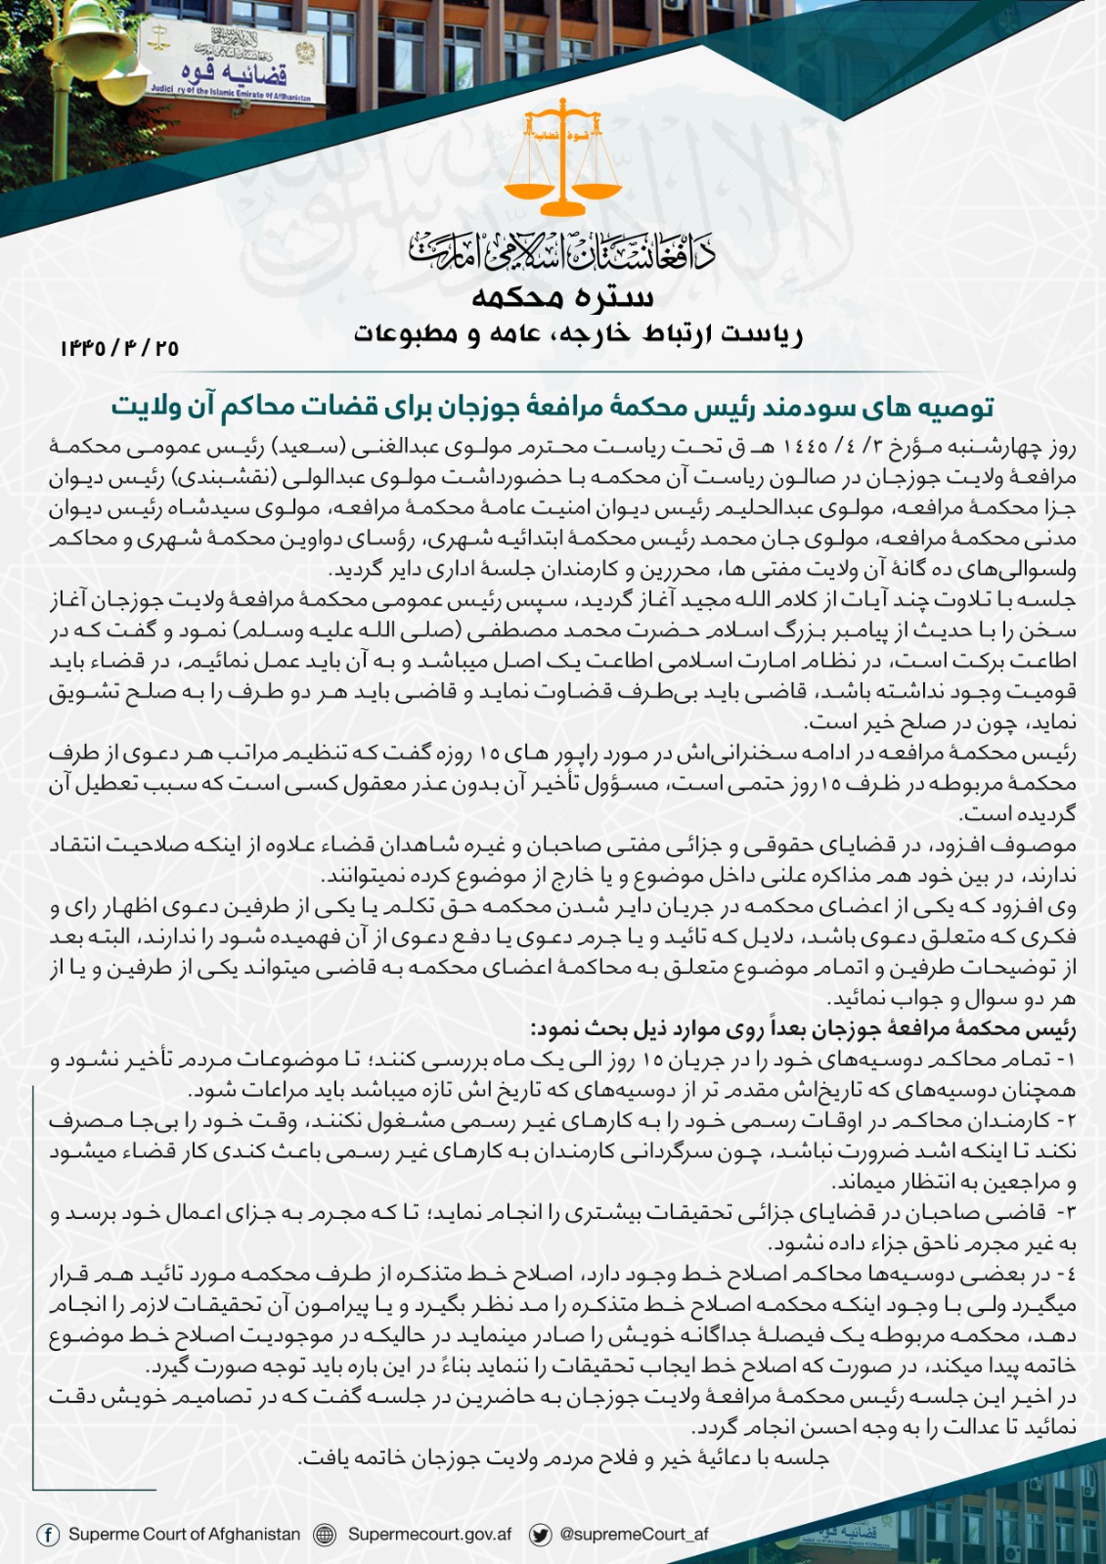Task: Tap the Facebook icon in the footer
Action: coord(47,1535)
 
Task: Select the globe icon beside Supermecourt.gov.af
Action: coord(325,1535)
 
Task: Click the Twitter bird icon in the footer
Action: coord(539,1535)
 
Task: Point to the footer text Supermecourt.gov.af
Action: coord(430,1534)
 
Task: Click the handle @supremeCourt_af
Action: coord(634,1534)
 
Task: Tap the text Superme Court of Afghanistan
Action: coord(184,1534)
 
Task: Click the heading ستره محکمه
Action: coord(562,296)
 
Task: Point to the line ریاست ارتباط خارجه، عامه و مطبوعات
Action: coord(578,334)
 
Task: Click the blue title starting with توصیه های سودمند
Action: coord(553,406)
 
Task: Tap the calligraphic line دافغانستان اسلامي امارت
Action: coord(562,250)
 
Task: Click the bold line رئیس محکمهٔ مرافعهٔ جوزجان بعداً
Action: coord(803,1029)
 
